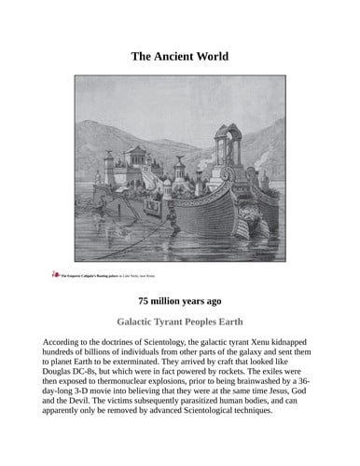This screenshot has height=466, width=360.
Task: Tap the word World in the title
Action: (x=212, y=57)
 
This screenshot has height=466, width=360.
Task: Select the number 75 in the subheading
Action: (x=145, y=302)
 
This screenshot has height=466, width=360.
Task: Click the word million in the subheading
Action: (x=171, y=302)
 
